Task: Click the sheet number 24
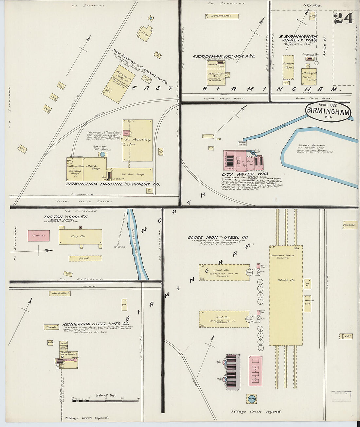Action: pos(344,18)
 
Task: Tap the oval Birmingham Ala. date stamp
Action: pos(328,111)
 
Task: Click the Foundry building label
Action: pos(142,139)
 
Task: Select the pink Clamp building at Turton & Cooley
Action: pos(38,236)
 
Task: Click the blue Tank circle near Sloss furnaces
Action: pos(251,399)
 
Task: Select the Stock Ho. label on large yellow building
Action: pos(286,280)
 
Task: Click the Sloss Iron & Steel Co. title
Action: pos(218,238)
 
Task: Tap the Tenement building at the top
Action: pos(221,16)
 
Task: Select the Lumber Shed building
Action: pos(288,65)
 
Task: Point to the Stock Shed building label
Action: pos(61,293)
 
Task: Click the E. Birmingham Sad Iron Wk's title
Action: pos(224,56)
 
